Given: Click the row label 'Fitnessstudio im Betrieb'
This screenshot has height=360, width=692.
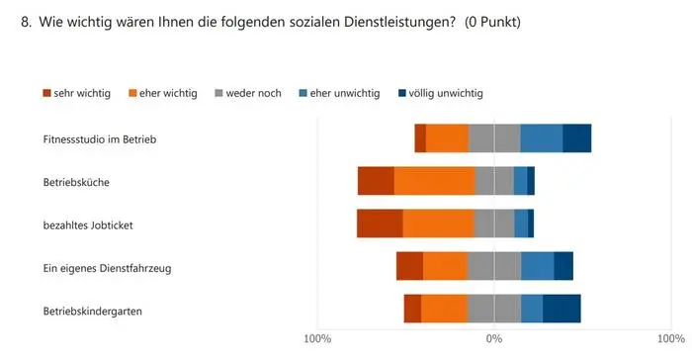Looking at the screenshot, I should click(100, 139).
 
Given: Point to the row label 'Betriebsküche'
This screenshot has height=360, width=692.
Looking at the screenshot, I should click(76, 182).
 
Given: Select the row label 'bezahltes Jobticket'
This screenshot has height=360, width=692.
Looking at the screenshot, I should click(88, 225).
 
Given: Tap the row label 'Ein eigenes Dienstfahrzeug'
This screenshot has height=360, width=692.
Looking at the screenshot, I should click(105, 267).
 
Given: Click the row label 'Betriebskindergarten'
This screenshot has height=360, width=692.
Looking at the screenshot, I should click(93, 311).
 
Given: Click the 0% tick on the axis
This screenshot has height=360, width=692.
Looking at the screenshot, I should click(494, 339).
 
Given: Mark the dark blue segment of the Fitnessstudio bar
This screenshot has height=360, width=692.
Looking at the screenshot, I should click(576, 139).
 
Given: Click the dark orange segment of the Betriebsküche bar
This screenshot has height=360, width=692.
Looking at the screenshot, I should click(376, 182).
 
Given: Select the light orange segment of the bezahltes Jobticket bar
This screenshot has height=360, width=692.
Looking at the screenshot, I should click(438, 225).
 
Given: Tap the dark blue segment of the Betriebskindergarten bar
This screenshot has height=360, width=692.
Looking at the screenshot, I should click(562, 310).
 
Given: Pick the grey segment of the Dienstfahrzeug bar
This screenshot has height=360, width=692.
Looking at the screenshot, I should click(494, 267).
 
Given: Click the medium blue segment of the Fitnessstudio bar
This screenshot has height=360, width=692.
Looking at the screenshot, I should click(541, 139).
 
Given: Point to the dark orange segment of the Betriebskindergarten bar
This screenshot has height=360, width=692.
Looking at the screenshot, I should click(412, 310).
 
